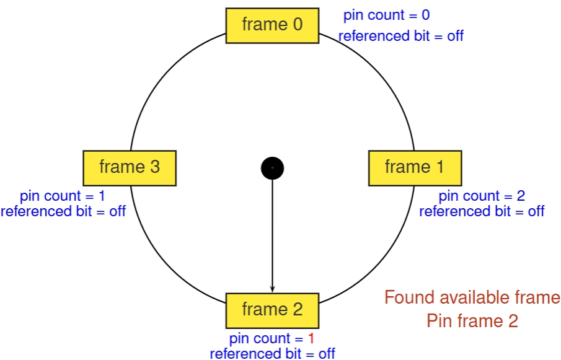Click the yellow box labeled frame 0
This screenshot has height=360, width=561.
click(272, 25)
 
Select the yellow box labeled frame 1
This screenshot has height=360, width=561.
click(415, 167)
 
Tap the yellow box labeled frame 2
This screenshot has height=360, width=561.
click(272, 310)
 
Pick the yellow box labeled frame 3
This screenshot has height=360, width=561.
click(130, 167)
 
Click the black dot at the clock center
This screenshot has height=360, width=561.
click(272, 167)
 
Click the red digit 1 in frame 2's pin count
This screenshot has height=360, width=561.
click(311, 339)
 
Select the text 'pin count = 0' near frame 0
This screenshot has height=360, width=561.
click(386, 15)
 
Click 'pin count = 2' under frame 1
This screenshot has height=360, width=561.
click(482, 196)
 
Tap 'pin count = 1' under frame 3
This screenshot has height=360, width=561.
click(62, 196)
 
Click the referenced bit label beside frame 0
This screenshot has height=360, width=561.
click(401, 36)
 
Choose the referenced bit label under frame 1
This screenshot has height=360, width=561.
click(482, 211)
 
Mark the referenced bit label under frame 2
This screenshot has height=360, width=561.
click(272, 354)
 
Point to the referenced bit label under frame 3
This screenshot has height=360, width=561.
click(63, 211)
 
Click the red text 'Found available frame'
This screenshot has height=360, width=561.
click(472, 298)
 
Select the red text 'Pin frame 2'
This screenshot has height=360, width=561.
click(472, 321)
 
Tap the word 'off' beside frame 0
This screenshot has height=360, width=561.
click(455, 36)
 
